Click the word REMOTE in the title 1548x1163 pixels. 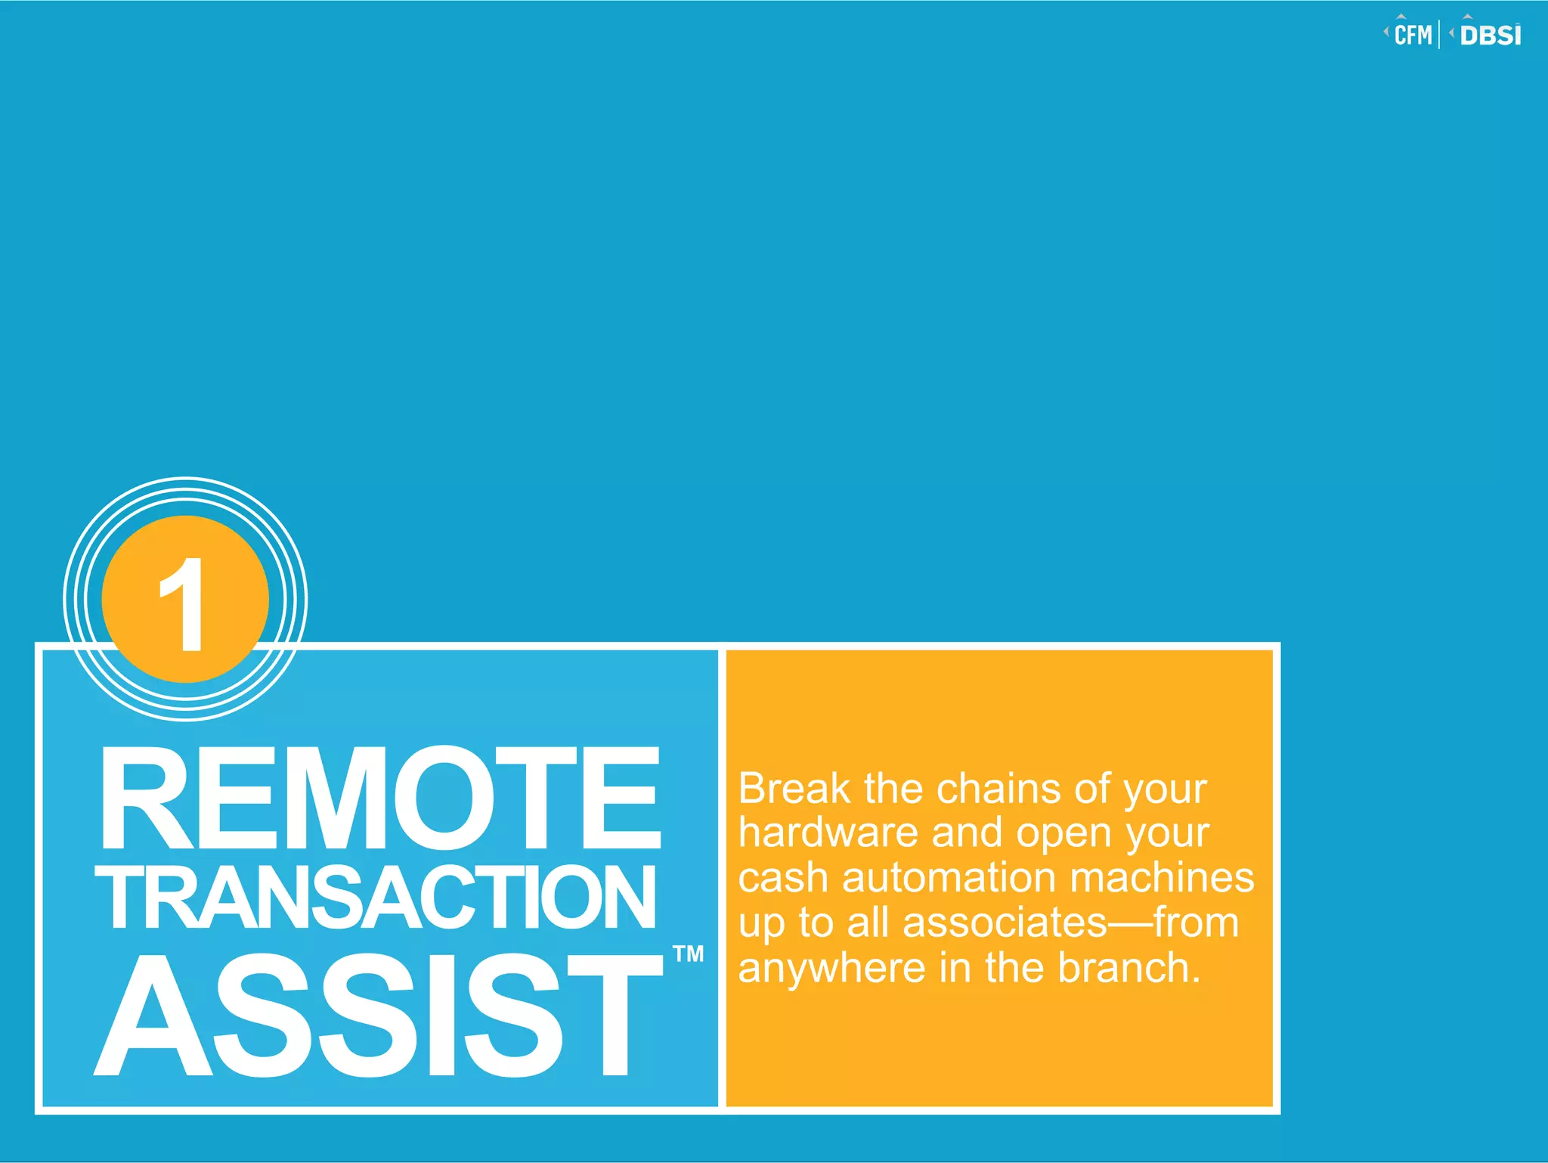click(x=380, y=799)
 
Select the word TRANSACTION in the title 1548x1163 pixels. click(x=376, y=897)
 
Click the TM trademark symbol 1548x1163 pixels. click(x=688, y=954)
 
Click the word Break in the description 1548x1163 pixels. click(x=794, y=789)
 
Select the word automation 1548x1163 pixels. click(x=949, y=878)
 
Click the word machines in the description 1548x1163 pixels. click(x=1162, y=878)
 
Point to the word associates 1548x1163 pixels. click(x=1005, y=923)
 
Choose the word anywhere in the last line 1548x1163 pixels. click(x=831, y=969)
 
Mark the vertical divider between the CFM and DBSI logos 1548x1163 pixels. click(x=1440, y=35)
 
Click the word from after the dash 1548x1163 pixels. click(x=1196, y=923)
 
